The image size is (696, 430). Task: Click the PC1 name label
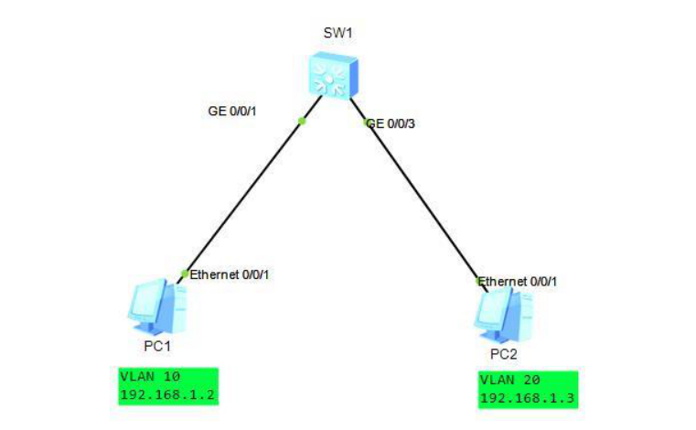(157, 346)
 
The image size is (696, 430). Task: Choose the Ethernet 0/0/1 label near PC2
(518, 281)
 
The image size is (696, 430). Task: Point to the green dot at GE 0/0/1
(302, 120)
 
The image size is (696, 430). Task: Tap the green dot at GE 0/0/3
(366, 122)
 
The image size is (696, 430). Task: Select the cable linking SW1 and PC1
(242, 197)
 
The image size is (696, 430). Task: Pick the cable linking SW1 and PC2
(423, 201)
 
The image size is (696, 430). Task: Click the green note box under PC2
(527, 389)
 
